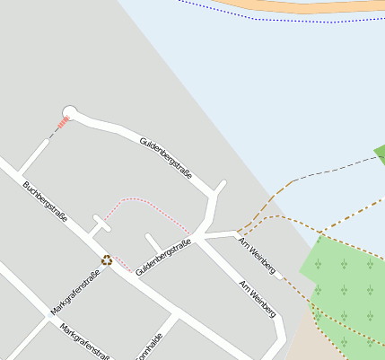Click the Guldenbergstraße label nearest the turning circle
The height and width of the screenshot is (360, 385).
tap(166, 159)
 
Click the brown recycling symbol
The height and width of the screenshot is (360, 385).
tap(107, 260)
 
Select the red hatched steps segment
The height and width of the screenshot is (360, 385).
tap(62, 126)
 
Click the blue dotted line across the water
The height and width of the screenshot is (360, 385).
tap(269, 17)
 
